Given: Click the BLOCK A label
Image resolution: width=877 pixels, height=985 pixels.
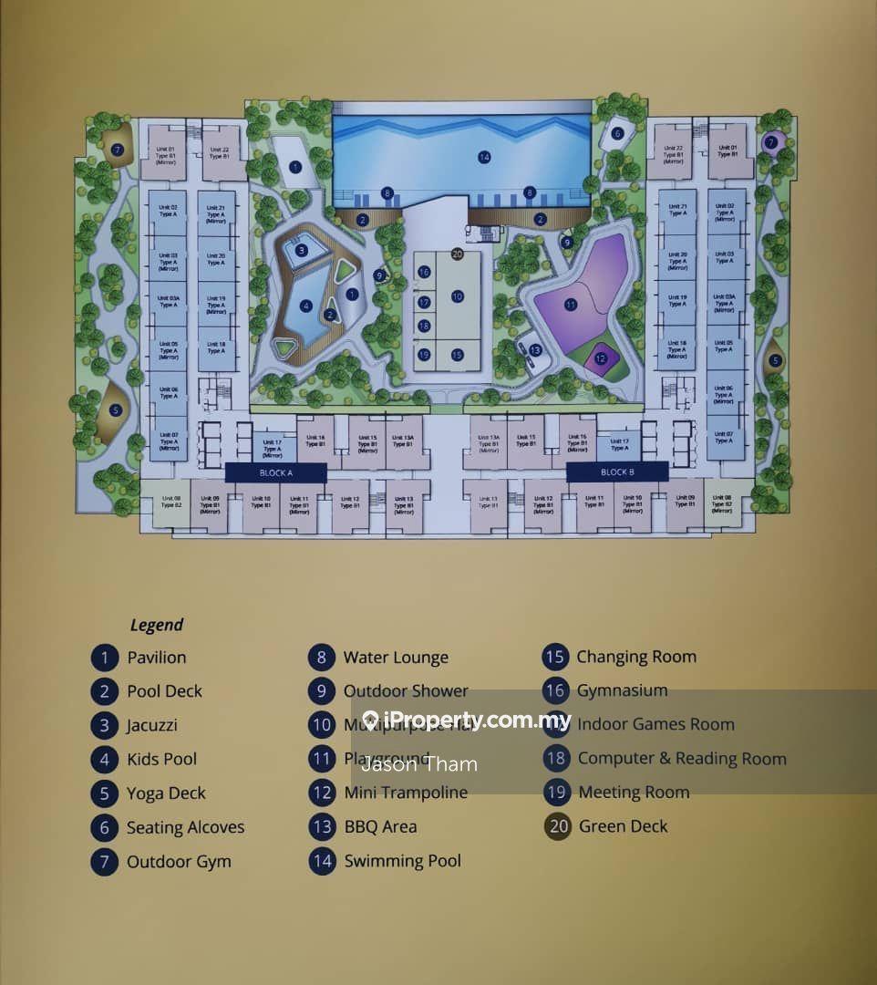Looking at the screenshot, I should (275, 472).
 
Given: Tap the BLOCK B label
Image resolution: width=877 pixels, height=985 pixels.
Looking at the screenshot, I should (616, 472).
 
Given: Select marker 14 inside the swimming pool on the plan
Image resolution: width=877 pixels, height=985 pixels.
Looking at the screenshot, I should (484, 158).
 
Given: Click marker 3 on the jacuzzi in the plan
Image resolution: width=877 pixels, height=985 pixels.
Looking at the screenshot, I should (302, 250).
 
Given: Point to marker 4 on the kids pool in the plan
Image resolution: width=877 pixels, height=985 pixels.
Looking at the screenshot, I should (306, 306).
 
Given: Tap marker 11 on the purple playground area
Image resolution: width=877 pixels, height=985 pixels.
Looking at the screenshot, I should (571, 304).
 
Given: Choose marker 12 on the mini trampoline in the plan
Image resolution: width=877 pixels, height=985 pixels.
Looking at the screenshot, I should (600, 358).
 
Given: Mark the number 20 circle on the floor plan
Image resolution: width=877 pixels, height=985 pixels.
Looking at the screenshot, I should (458, 254).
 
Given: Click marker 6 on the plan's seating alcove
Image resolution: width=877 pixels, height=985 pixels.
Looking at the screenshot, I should (617, 134).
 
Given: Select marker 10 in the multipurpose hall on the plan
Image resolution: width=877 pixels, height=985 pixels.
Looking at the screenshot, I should (457, 296).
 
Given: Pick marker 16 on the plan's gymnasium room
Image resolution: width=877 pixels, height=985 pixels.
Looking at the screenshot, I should (424, 272).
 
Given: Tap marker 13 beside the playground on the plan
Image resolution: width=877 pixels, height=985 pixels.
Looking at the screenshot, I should (535, 350).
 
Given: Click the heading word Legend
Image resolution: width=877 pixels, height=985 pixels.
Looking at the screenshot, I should (156, 625).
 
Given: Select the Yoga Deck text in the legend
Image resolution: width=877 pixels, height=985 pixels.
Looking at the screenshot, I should (166, 793).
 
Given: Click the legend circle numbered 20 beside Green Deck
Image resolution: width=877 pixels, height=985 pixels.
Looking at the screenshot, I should (558, 826).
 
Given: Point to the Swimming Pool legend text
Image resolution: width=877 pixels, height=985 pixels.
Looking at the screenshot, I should (402, 861).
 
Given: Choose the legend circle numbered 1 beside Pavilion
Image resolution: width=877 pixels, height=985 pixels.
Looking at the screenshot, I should (105, 658).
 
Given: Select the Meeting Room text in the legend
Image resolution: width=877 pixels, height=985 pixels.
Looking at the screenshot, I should (634, 793).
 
